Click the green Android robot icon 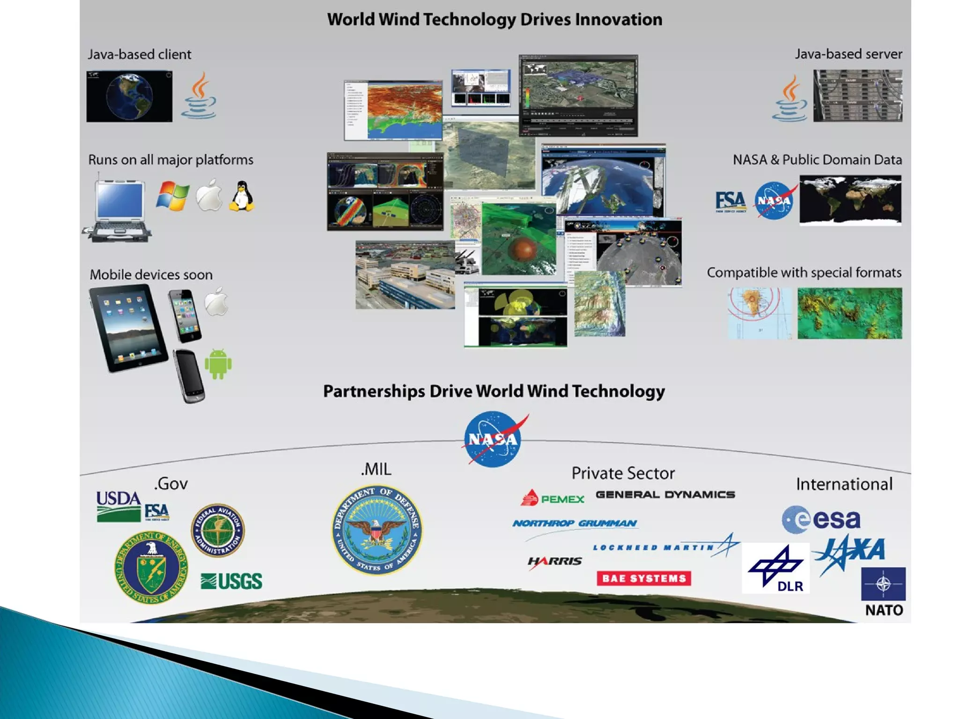(218, 364)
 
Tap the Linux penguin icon (242, 196)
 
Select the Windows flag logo (173, 196)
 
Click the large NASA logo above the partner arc (494, 439)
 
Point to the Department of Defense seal (377, 529)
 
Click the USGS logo (231, 581)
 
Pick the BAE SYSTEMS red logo (643, 578)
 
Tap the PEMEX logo (553, 499)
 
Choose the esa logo (821, 519)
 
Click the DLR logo (775, 568)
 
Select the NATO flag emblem (883, 584)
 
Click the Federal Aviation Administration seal (218, 530)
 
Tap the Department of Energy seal (151, 567)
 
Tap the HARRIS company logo (554, 561)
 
